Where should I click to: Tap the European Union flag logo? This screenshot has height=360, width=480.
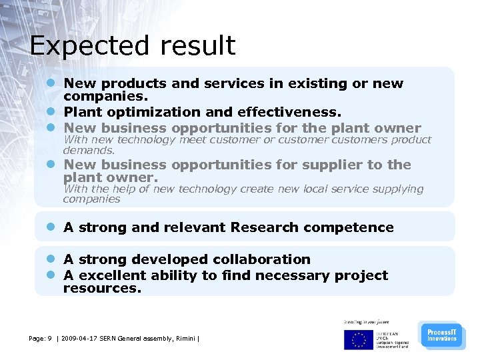point(359,339)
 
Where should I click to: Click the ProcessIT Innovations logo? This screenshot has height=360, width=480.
point(441,335)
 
